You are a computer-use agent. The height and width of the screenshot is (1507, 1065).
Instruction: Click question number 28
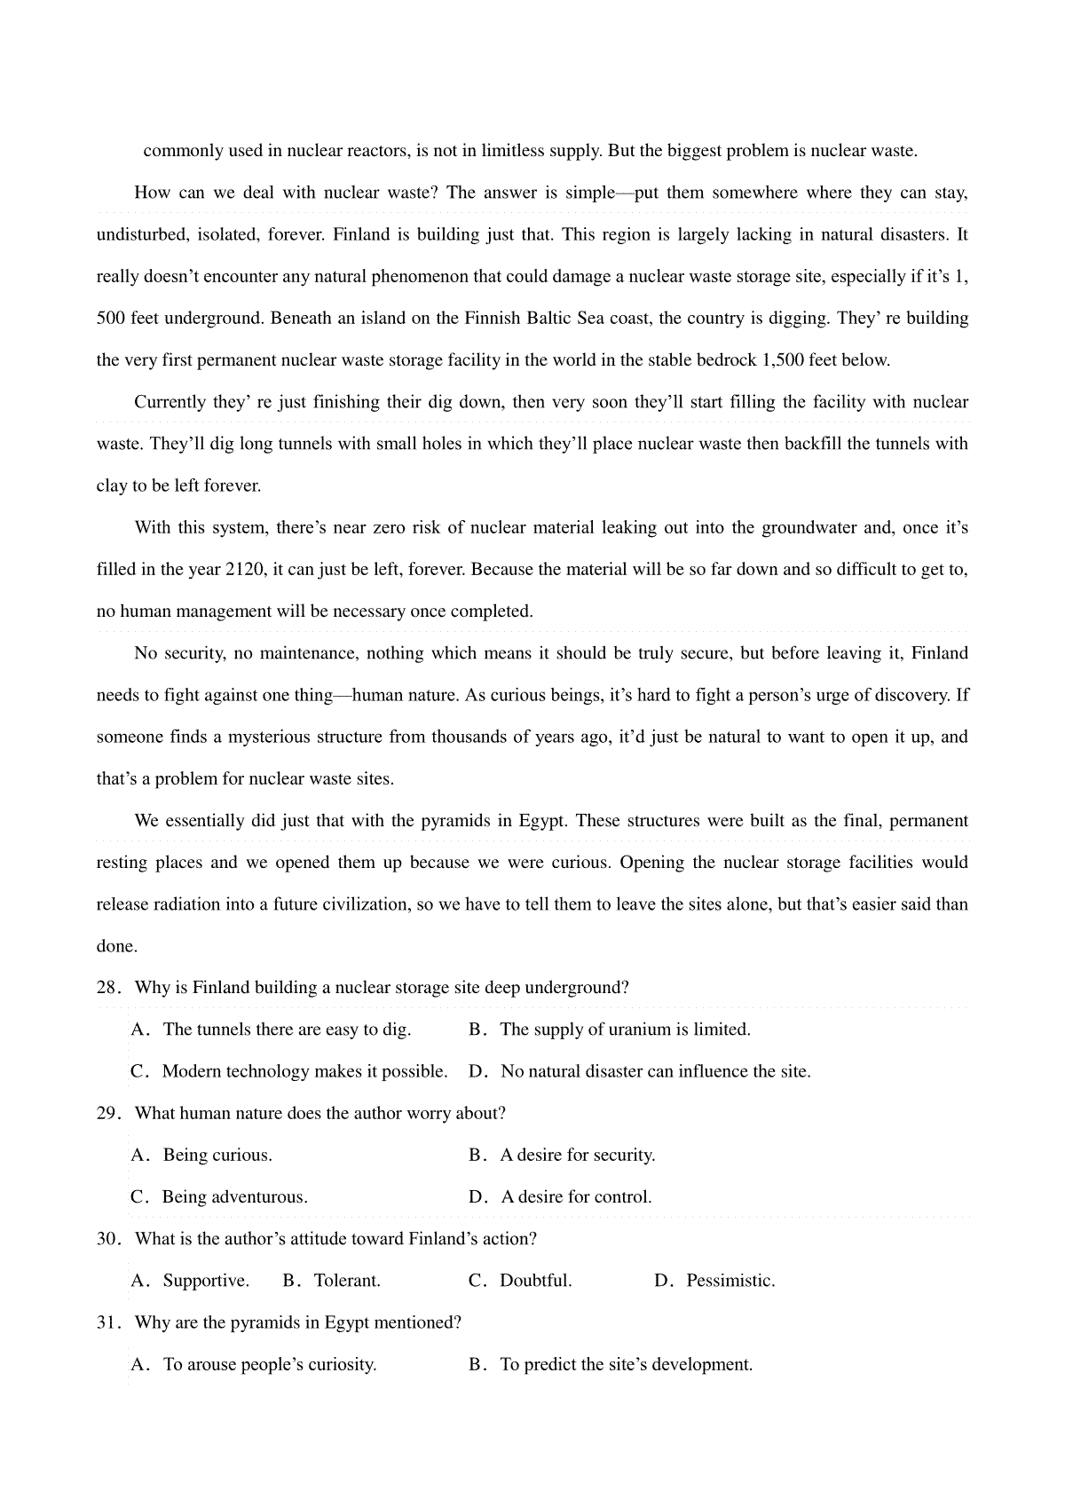click(x=108, y=988)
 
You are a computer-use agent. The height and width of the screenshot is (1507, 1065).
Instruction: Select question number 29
click(x=108, y=1114)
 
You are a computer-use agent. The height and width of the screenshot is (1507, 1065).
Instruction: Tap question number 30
click(x=108, y=1239)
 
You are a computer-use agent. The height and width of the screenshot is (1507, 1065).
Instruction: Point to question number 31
click(x=108, y=1323)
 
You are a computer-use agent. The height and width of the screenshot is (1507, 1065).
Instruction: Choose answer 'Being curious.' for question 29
click(x=217, y=1156)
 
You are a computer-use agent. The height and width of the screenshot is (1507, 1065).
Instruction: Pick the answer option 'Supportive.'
click(x=206, y=1282)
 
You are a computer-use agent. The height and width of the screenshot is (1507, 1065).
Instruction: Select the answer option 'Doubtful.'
click(x=535, y=1282)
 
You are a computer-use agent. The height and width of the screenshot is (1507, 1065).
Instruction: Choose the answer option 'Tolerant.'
click(x=347, y=1282)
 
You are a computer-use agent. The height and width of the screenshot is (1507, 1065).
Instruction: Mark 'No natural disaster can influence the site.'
click(x=655, y=1072)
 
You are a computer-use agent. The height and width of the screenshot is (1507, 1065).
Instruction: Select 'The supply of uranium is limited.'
click(x=625, y=1030)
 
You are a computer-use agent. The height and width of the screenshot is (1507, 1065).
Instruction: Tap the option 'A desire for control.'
click(x=576, y=1197)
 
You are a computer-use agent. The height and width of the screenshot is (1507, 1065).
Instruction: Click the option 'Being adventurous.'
click(x=234, y=1197)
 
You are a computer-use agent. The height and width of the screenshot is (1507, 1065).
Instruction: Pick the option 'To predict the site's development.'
click(x=626, y=1365)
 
